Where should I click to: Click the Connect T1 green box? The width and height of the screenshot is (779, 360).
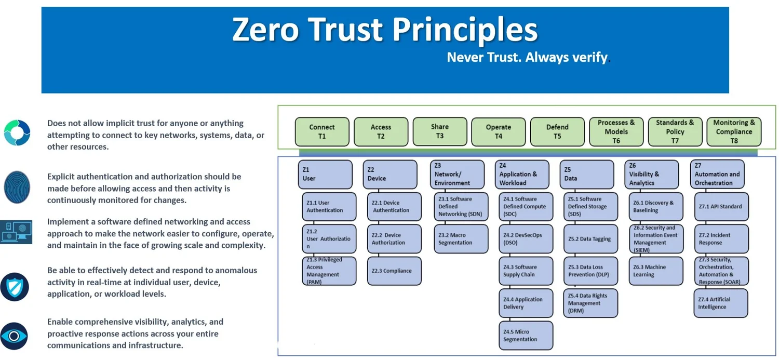[322, 131]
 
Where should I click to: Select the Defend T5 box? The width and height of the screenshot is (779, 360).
[557, 131]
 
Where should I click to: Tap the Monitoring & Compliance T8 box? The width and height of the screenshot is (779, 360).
[734, 131]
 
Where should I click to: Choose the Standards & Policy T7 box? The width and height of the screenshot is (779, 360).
[675, 131]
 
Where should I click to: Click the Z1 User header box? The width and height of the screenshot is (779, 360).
[325, 174]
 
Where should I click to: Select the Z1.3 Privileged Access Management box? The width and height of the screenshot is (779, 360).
[329, 271]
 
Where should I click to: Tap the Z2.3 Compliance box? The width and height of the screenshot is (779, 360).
[394, 271]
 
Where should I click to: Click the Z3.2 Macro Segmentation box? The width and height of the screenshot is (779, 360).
[461, 239]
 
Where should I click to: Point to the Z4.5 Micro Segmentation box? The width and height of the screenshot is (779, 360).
[526, 336]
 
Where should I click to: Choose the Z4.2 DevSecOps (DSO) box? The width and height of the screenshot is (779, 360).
[526, 239]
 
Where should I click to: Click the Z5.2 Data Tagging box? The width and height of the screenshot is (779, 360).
[590, 239]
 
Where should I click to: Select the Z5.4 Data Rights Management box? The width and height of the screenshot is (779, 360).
[590, 303]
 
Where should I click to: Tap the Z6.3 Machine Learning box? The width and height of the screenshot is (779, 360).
[655, 271]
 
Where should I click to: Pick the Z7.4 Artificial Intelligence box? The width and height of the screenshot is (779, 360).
[721, 303]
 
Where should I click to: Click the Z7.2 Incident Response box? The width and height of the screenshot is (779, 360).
[721, 239]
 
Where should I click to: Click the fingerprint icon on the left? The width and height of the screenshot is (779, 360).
[17, 187]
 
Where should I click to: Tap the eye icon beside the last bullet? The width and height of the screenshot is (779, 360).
[15, 336]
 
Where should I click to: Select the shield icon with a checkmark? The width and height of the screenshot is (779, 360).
[15, 286]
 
